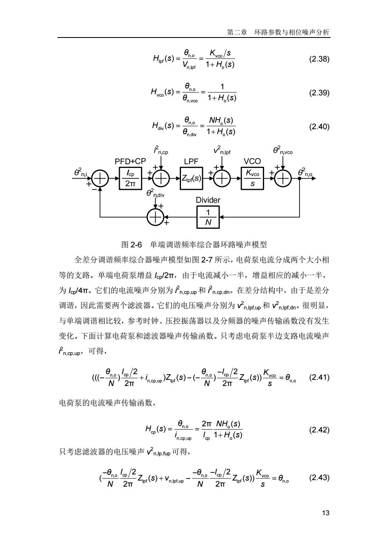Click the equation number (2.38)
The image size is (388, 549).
coord(319,59)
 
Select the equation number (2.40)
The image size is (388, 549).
coord(319,126)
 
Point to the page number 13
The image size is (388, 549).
coord(326,513)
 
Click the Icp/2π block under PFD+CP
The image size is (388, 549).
coord(130,179)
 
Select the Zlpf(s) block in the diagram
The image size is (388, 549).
coord(191,179)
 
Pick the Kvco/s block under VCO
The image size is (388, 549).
coord(252,179)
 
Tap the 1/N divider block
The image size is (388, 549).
coord(208,217)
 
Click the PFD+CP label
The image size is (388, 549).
coord(130,161)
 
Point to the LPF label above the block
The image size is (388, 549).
coord(191,161)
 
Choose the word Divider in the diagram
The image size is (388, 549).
coord(208,200)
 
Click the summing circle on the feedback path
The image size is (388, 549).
coord(155,217)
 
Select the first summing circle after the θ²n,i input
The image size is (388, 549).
coord(100,179)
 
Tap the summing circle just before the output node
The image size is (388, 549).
coord(282,179)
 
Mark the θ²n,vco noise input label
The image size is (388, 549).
coord(282,150)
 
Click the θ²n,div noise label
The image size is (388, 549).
coord(155,193)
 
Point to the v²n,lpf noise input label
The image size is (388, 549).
coord(222,150)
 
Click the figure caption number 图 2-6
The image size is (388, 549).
coord(132,245)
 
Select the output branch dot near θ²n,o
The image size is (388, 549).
coord(300,179)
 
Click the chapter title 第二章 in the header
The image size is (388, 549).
coord(237,32)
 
